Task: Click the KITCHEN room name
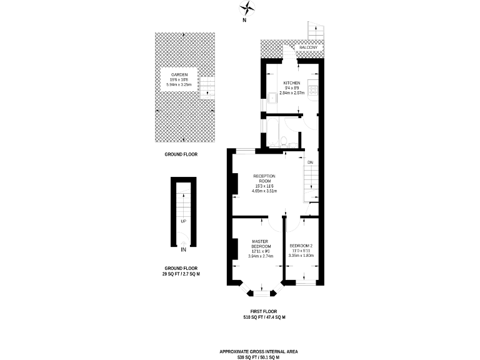(x=291, y=83)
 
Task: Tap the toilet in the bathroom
(x=284, y=140)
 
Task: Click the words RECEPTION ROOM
(x=263, y=178)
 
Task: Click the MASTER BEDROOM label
(x=260, y=244)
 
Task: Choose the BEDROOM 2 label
(x=301, y=246)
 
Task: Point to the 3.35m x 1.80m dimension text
(x=301, y=255)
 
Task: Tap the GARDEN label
(x=181, y=74)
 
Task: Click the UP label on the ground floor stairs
(x=183, y=221)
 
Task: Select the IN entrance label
(x=183, y=250)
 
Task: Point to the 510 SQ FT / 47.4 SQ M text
(x=264, y=317)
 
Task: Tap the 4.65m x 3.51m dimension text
(x=263, y=191)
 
